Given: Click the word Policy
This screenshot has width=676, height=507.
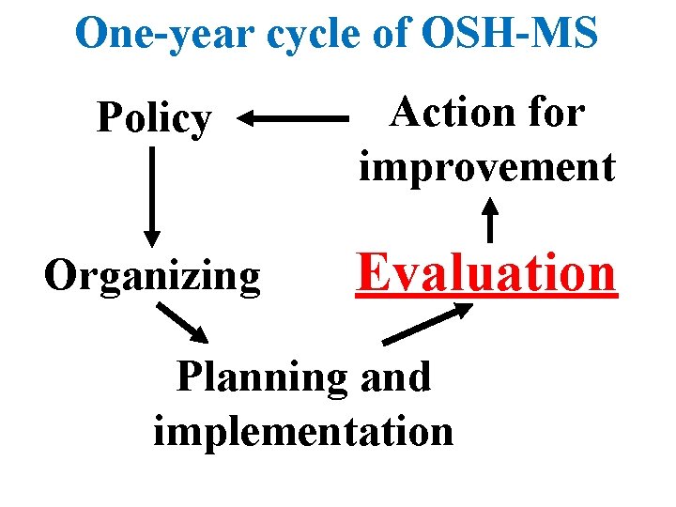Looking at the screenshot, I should [x=155, y=119].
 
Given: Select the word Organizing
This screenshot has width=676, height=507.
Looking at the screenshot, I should [x=152, y=276].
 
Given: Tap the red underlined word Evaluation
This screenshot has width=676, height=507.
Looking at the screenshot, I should [x=486, y=273].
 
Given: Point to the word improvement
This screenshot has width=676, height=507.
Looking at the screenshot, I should [x=486, y=167].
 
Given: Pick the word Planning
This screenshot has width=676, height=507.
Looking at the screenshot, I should [x=260, y=378].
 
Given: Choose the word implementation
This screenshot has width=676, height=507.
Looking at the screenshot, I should [x=302, y=431].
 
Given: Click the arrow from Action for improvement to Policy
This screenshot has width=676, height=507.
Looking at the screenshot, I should [x=292, y=119].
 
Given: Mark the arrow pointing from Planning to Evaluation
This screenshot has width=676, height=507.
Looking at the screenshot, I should [x=428, y=324].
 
